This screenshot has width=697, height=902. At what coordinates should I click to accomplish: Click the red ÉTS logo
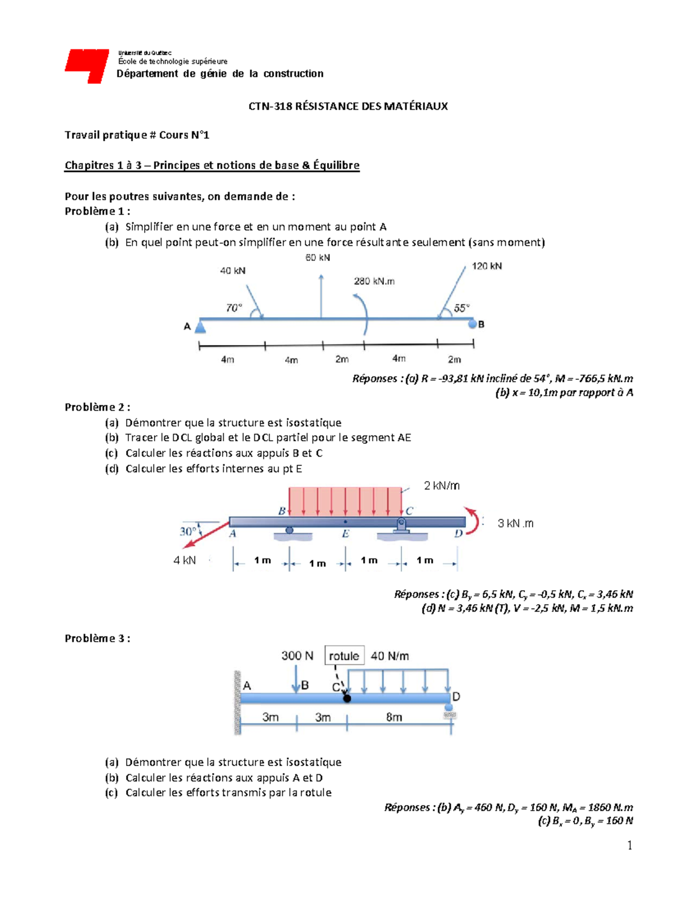(x=87, y=65)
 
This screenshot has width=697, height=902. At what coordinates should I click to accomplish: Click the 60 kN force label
(x=318, y=257)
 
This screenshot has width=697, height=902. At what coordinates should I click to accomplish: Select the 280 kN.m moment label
(x=374, y=281)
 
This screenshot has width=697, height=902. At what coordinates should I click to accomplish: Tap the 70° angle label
(x=233, y=308)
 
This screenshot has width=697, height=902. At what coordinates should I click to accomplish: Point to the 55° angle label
(x=462, y=308)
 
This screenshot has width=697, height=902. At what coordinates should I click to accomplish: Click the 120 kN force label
(x=487, y=266)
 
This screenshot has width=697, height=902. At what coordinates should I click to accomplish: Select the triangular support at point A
(x=200, y=327)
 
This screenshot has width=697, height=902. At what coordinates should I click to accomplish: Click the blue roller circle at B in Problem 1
(x=472, y=324)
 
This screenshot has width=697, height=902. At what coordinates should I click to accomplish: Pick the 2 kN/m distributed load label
(x=441, y=486)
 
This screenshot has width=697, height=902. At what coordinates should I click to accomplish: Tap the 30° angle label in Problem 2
(x=188, y=531)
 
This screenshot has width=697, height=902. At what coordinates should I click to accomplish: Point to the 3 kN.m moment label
(x=515, y=523)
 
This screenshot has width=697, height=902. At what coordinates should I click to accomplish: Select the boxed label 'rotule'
(x=344, y=656)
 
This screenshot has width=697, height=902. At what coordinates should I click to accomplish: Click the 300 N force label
(x=297, y=656)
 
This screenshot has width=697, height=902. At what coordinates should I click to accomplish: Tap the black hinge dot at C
(x=347, y=698)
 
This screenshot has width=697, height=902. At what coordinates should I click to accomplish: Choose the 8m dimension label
(x=394, y=717)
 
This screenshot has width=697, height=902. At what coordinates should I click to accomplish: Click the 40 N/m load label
(x=390, y=656)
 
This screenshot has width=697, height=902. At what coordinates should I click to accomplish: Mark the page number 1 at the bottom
(x=630, y=846)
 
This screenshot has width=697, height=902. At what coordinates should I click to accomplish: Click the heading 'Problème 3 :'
(x=97, y=638)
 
